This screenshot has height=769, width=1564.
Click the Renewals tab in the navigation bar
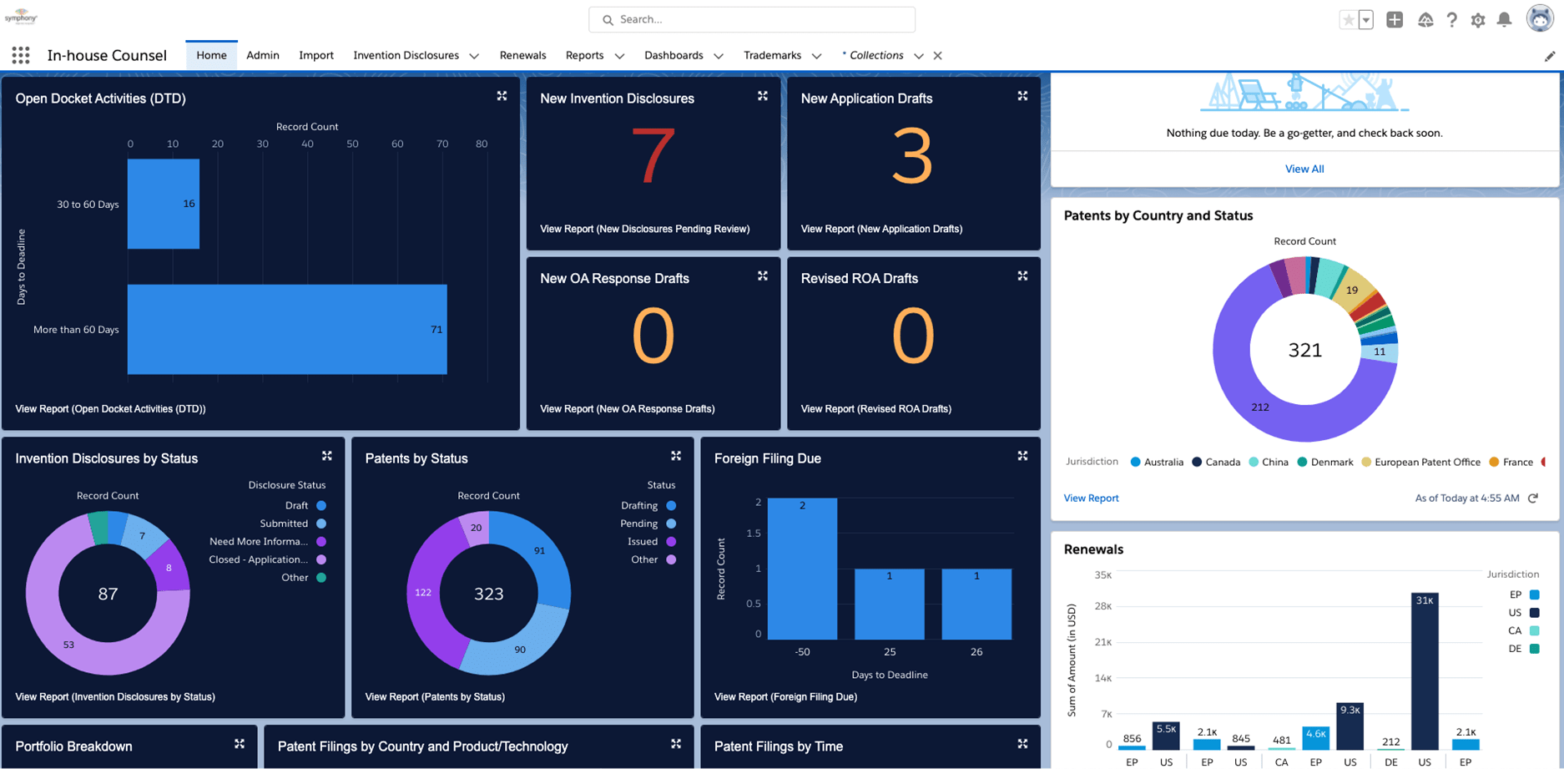point(522,55)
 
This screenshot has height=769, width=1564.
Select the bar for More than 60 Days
point(286,329)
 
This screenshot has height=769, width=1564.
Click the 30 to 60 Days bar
point(163,204)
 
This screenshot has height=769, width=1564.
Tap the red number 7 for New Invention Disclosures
point(653,156)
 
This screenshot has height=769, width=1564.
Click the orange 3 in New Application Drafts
point(912,156)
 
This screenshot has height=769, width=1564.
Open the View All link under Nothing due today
point(1304,169)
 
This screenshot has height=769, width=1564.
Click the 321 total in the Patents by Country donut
point(1304,350)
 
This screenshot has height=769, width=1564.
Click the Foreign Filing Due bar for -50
point(802,569)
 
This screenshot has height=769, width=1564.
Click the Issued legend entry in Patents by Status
point(649,541)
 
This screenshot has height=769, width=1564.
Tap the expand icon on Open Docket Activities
point(502,96)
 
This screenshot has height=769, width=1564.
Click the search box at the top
point(751,19)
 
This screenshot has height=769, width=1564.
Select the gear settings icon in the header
point(1478,20)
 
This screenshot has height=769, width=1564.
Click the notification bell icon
point(1504,19)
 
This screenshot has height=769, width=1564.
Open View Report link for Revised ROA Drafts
point(875,408)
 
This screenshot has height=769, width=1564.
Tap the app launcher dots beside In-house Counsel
point(21,55)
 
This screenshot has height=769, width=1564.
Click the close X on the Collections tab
point(937,56)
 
